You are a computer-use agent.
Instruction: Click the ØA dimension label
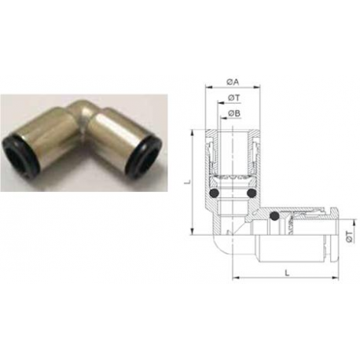(x=233, y=82)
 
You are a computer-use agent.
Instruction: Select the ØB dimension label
(x=234, y=113)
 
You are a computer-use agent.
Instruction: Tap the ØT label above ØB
(x=234, y=98)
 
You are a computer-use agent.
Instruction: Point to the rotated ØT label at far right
(x=349, y=237)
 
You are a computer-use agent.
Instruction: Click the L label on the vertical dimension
(x=187, y=182)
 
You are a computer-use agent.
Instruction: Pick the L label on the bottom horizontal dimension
(x=288, y=273)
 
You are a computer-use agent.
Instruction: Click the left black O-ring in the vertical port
(x=215, y=193)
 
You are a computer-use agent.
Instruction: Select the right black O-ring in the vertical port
(x=252, y=193)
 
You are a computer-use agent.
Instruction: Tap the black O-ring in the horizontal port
(x=274, y=215)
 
